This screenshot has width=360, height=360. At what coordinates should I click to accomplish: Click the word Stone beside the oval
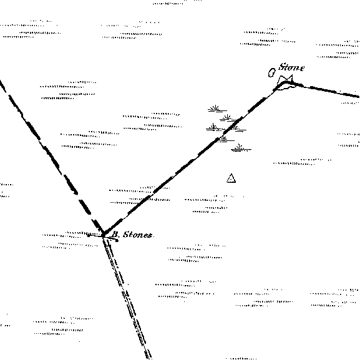291,67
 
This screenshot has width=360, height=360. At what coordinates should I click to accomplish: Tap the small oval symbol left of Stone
272,73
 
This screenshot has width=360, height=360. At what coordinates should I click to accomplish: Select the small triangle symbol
231,178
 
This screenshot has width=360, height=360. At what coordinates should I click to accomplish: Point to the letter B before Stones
115,235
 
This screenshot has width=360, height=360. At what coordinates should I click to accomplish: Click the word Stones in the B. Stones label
137,235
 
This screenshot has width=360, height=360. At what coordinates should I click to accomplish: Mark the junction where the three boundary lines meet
104,234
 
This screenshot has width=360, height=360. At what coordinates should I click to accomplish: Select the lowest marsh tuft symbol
241,148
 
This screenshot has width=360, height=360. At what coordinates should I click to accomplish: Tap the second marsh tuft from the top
228,118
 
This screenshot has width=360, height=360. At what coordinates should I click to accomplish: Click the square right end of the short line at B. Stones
117,240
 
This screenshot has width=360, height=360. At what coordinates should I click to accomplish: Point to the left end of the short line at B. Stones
89,235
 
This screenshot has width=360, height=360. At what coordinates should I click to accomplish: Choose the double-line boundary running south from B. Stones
126,296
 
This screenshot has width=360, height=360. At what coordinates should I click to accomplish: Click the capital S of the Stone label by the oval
282,67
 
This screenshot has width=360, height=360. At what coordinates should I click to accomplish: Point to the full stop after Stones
153,237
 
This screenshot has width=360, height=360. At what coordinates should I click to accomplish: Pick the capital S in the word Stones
126,235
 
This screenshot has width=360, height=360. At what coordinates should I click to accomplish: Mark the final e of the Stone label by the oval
303,68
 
